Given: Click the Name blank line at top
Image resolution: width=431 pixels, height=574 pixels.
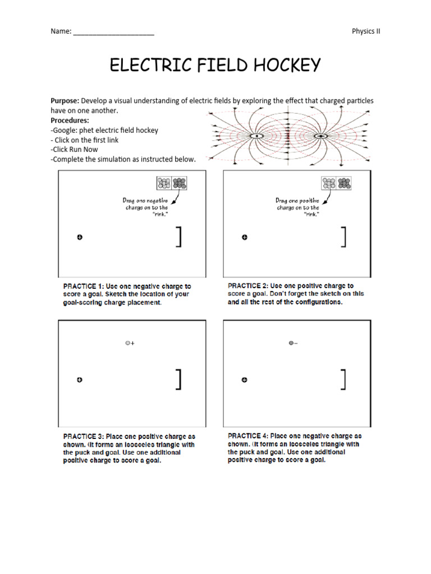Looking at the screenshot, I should pos(113,32).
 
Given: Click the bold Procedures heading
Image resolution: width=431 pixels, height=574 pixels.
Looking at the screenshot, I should pos(70,121).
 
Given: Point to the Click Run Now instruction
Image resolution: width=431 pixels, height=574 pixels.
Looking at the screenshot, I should pos(74,150).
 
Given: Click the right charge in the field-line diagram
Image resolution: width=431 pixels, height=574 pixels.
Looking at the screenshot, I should pos(322,136).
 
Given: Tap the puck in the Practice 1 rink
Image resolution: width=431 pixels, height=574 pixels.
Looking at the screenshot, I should pos(80,238).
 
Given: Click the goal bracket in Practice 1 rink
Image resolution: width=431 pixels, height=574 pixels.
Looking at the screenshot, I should pos(179,237).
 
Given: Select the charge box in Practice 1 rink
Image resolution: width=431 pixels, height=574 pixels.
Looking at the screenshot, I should pos(172,183).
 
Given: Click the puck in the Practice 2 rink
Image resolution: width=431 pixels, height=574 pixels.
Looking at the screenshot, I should pos(245,238).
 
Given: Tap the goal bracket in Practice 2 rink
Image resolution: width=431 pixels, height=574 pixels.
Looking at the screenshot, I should pos(343,237).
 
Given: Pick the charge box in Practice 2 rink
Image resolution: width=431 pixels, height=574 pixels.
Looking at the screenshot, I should pos(336,183).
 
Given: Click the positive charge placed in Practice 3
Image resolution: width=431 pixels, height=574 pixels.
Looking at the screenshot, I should pos(128,343).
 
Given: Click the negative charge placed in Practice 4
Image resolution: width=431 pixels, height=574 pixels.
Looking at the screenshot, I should pos(291,343).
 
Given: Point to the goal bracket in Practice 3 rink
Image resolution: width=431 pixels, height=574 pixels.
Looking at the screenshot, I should pos(179,379).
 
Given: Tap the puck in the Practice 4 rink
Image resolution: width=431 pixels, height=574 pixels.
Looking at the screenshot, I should pos(245,380).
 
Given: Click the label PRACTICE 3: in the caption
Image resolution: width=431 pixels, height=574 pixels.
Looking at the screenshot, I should pos(83,436).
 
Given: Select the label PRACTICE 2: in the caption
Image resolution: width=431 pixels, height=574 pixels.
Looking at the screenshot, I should pos(247,286).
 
